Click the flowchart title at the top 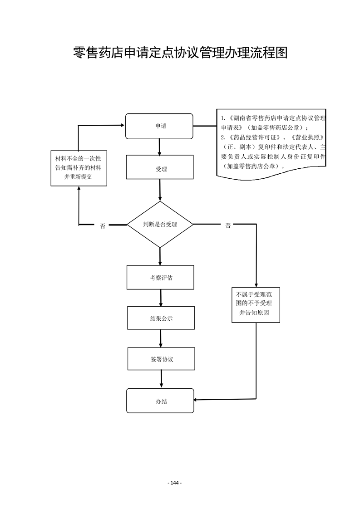pyautogui.click(x=180, y=53)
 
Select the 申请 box pyautogui.click(x=159, y=126)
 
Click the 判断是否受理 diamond pyautogui.click(x=160, y=225)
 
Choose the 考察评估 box pyautogui.click(x=161, y=277)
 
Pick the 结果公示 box pyautogui.click(x=161, y=318)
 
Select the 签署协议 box pyautogui.click(x=161, y=359)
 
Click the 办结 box pyautogui.click(x=160, y=401)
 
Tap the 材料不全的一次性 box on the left pyautogui.click(x=79, y=168)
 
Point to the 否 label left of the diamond pyautogui.click(x=103, y=226)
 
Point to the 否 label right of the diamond pyautogui.click(x=228, y=226)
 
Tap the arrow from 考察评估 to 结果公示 pyautogui.click(x=161, y=298)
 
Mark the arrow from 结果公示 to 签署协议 pyautogui.click(x=161, y=338)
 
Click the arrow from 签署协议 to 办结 pyautogui.click(x=161, y=379)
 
